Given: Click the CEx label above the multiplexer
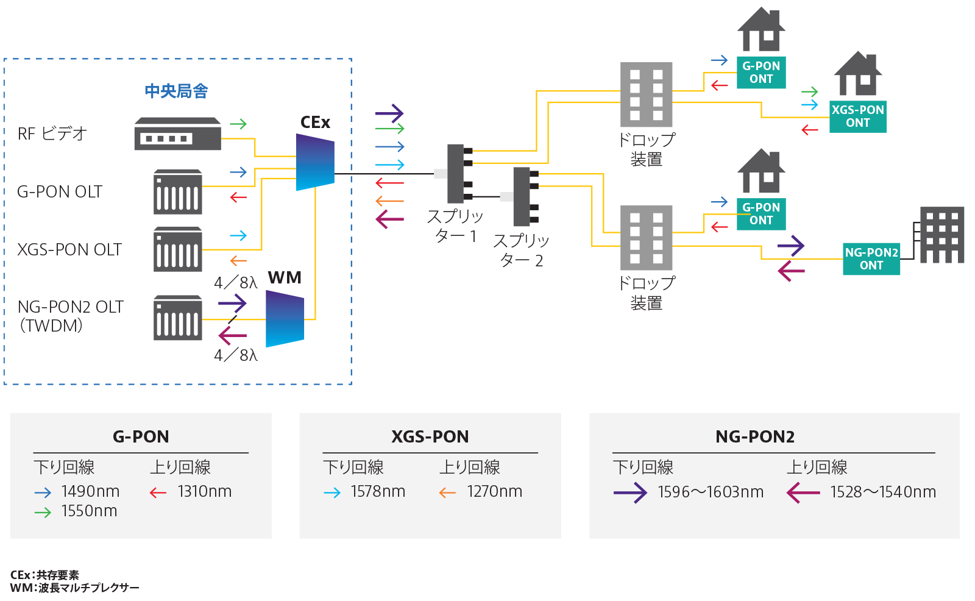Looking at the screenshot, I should [315, 123].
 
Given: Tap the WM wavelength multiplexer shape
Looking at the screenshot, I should [285, 319].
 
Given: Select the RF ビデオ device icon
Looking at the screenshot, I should [177, 133].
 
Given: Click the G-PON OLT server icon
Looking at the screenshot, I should [177, 192].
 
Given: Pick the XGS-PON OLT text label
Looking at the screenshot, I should [69, 250].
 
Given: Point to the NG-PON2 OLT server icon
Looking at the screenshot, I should [177, 318].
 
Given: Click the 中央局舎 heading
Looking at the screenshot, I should [176, 91].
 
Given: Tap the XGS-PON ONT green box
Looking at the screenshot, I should [857, 116].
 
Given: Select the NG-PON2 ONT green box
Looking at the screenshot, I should [871, 258].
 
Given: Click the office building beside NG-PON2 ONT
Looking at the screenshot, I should [941, 235].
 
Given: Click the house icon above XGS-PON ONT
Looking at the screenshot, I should [858, 74].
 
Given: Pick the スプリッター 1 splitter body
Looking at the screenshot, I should [456, 174].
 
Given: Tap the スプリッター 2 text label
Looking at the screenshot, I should [521, 251].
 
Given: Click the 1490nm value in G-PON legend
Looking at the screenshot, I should [90, 491].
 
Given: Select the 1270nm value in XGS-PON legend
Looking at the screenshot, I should [494, 491].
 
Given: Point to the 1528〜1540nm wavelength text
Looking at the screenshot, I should [882, 492].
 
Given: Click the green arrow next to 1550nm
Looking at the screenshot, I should [43, 513].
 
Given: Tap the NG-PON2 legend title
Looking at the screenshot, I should [754, 436].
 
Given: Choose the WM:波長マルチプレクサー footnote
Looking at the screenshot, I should [74, 588].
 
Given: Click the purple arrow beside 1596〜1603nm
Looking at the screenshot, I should [630, 493].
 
